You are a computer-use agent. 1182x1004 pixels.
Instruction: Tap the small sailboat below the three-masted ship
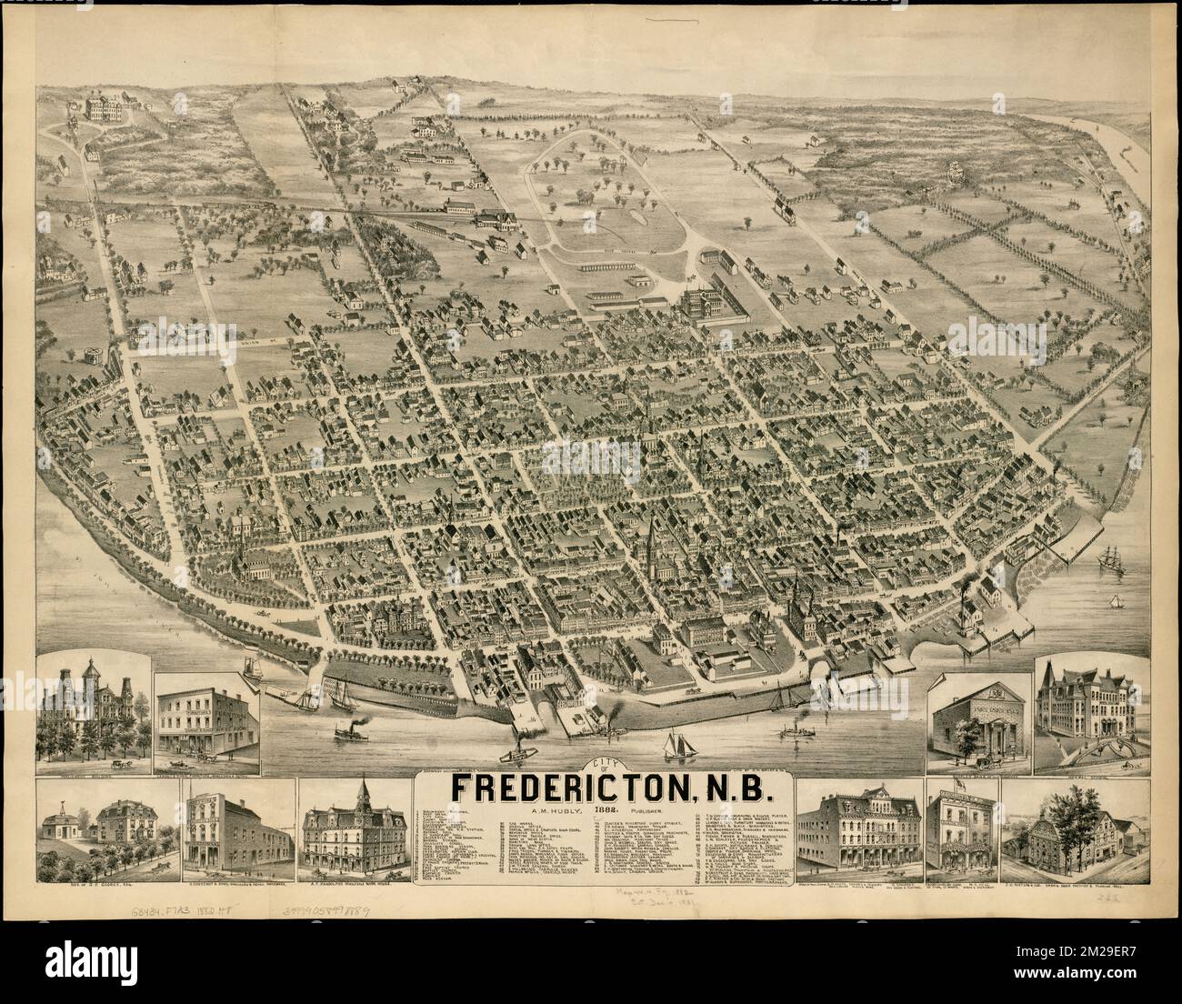1114,601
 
